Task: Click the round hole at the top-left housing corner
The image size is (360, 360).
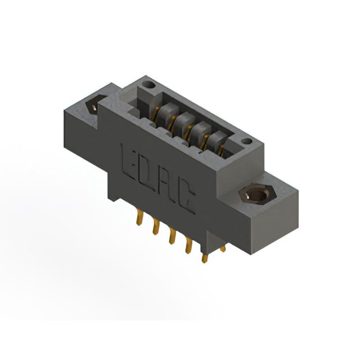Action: (148, 85)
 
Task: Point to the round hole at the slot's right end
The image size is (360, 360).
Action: (246, 142)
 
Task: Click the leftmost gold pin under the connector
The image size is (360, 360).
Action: (140, 217)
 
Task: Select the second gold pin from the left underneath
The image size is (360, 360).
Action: (156, 227)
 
